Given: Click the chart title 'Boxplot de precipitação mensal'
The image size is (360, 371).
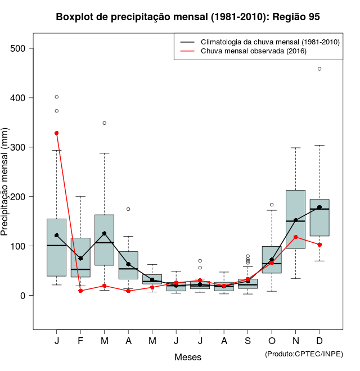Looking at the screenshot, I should pos(188,17).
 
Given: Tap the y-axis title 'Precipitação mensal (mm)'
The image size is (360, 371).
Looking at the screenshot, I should pos(6,189).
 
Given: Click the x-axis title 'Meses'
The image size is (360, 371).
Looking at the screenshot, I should pos(188,357).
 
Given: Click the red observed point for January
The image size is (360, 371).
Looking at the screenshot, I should pos(56,133).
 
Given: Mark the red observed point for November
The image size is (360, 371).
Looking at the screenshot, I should pos(295,237).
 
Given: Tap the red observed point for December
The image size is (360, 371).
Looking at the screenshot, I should pos(319,245).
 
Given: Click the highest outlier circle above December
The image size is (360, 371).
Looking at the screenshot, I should pos(319,69).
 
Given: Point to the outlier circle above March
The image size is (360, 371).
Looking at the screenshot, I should pos(105,123).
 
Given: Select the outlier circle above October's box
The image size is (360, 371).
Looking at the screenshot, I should pos(272,205).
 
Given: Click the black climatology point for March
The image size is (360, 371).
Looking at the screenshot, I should pos(104,233).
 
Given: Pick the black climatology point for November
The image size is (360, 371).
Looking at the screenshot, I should pos(295,220).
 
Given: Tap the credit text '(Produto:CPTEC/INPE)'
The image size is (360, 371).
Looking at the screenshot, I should pos(303,354).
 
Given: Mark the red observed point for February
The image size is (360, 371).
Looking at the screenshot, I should pos(80,291).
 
